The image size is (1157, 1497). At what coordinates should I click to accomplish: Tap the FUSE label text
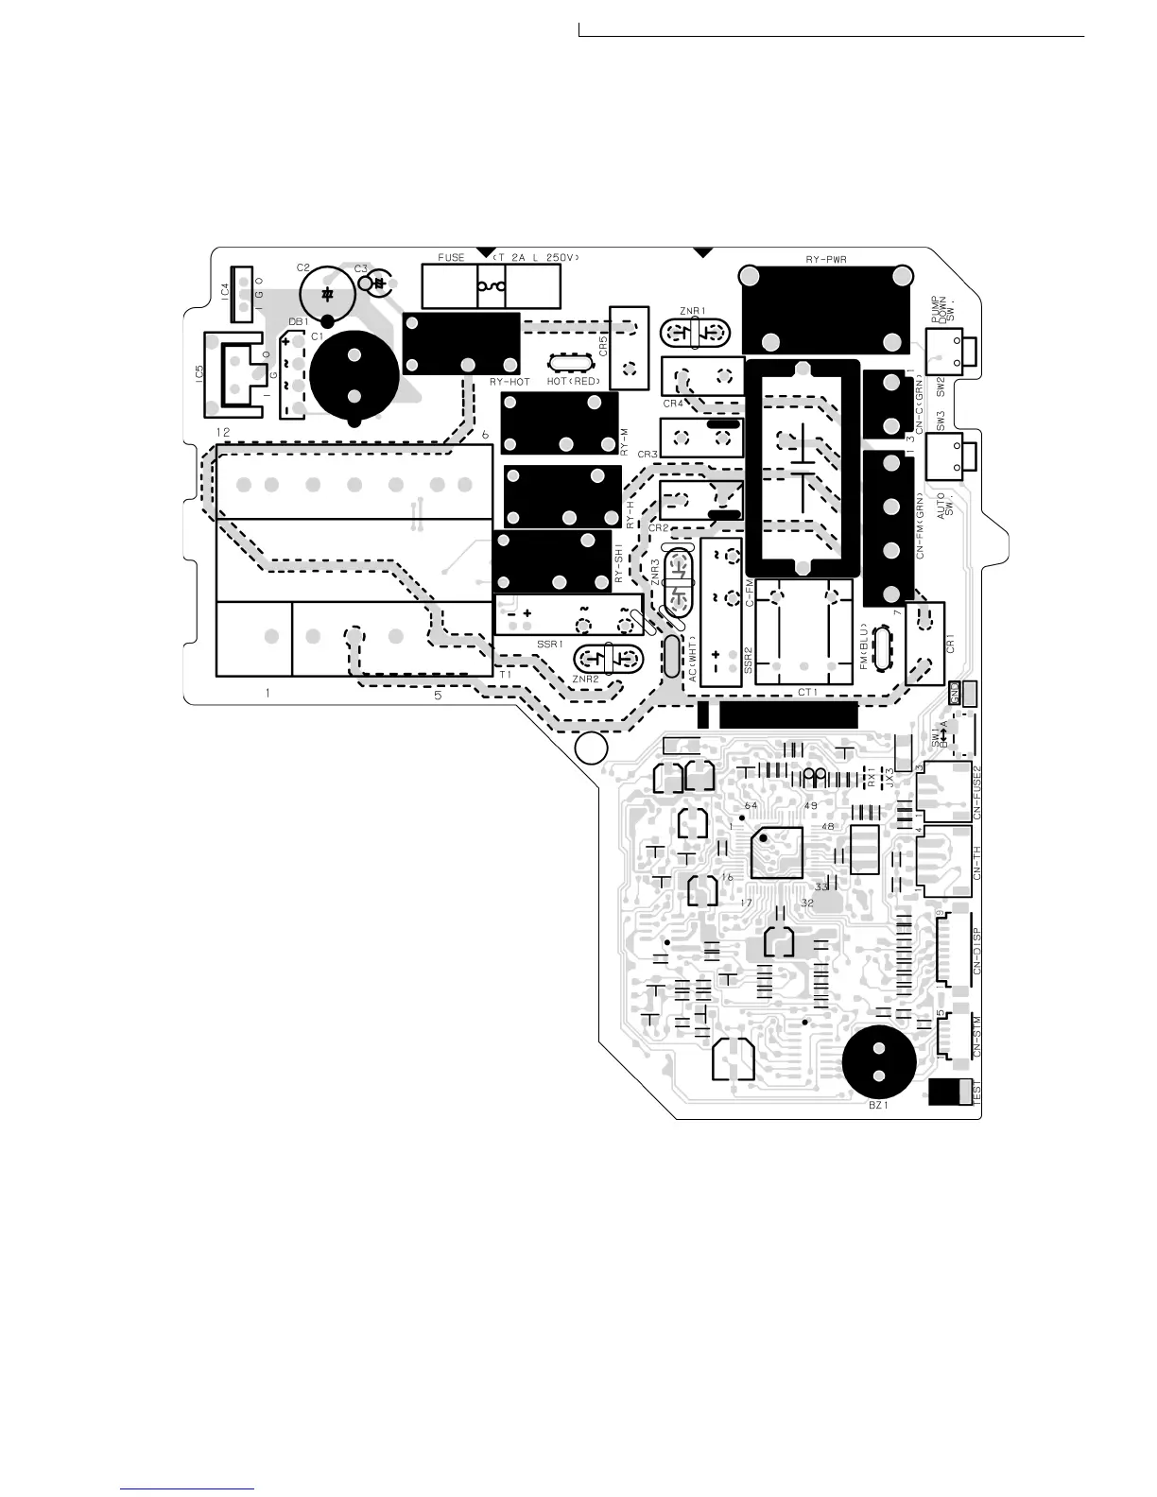click(451, 257)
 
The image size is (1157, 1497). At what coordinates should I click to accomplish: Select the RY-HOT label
click(509, 382)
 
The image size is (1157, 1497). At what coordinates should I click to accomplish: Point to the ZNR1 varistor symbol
click(696, 333)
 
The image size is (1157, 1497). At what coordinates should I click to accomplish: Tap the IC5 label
click(199, 373)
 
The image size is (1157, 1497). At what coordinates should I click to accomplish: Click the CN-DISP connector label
click(976, 949)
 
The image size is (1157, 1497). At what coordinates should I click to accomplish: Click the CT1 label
click(807, 692)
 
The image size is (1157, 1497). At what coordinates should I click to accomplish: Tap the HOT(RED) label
click(574, 382)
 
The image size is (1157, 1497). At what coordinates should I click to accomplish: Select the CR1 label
click(950, 645)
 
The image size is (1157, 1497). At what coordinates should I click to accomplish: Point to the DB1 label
click(299, 321)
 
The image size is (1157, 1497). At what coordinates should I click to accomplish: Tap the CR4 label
click(673, 404)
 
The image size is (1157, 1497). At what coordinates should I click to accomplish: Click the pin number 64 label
click(751, 805)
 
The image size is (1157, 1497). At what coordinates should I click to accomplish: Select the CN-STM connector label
click(976, 1036)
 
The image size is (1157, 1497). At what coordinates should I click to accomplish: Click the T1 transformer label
click(505, 674)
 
